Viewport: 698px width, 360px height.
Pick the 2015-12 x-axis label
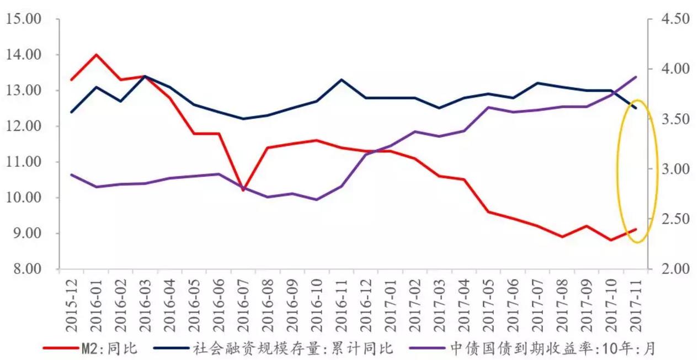(x=71, y=302)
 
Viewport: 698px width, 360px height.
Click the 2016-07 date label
(x=243, y=302)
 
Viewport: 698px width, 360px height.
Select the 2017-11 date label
(x=636, y=302)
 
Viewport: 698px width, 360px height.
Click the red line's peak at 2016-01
(x=96, y=55)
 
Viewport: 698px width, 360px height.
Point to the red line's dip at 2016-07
(x=243, y=190)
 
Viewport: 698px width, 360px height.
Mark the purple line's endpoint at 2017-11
(x=636, y=77)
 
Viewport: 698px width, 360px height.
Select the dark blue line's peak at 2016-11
(x=342, y=80)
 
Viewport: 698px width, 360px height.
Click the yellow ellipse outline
(x=617, y=171)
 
